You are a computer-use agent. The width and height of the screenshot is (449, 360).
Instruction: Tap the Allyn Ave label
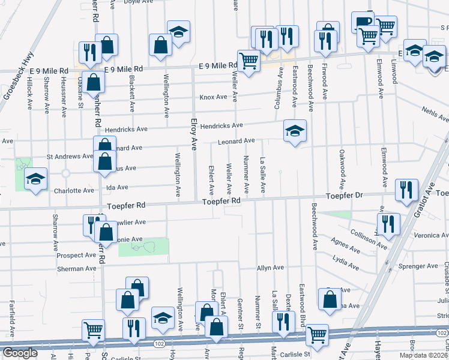[x=270, y=268]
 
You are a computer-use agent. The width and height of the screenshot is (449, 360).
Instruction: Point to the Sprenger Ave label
[x=420, y=266]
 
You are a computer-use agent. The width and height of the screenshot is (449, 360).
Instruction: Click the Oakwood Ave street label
[x=342, y=169]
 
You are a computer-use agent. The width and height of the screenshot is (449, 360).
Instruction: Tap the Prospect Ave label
[x=76, y=255]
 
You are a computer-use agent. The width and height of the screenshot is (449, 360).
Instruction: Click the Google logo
[x=20, y=353]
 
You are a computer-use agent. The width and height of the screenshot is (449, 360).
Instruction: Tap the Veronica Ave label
[x=429, y=236]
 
